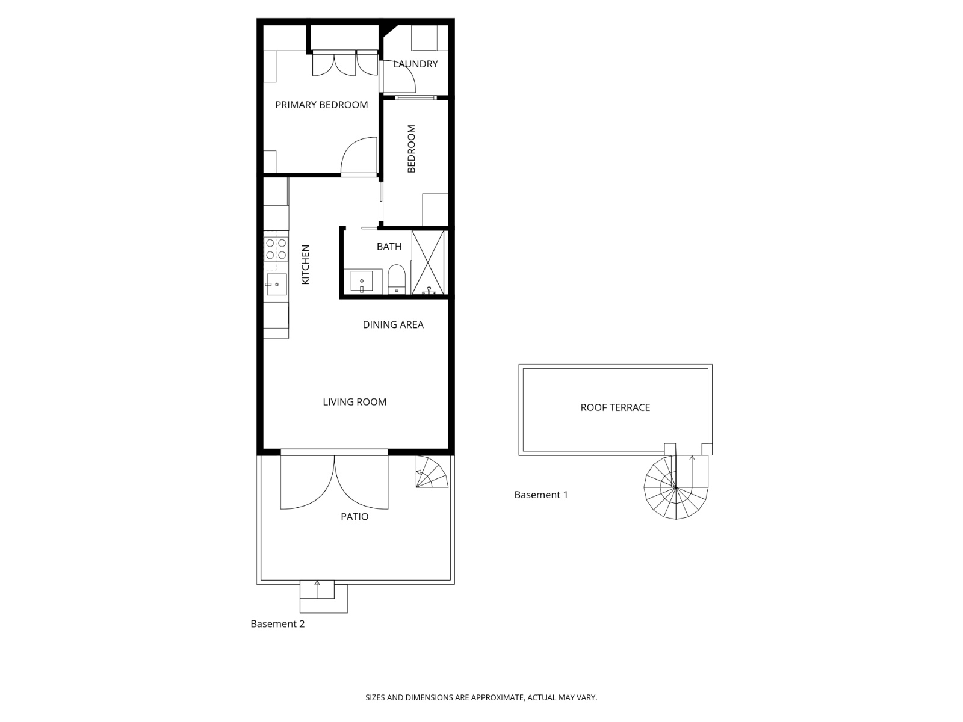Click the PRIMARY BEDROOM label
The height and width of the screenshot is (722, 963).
(x=321, y=105)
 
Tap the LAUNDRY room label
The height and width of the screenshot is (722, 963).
(x=415, y=64)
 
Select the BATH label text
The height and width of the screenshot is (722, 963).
(x=389, y=246)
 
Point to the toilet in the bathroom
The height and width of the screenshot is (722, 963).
(x=396, y=279)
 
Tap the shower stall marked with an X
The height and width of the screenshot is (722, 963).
(x=428, y=262)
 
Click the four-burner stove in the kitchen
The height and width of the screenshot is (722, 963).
(x=276, y=248)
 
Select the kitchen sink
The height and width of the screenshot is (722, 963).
(x=276, y=284)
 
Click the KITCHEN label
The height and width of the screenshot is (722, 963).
(x=305, y=264)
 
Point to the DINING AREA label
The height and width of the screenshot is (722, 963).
(x=392, y=325)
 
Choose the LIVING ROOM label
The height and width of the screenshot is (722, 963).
(x=355, y=402)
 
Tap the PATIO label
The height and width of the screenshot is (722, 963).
(x=355, y=517)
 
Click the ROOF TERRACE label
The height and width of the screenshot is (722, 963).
(x=615, y=408)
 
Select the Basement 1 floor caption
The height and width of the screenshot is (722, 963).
(x=541, y=495)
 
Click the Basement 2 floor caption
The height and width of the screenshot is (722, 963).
(x=277, y=624)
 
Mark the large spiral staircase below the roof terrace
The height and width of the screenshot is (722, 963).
(x=676, y=487)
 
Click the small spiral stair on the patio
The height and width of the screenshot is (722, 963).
(x=432, y=472)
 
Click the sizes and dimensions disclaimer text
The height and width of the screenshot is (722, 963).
(x=481, y=697)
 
